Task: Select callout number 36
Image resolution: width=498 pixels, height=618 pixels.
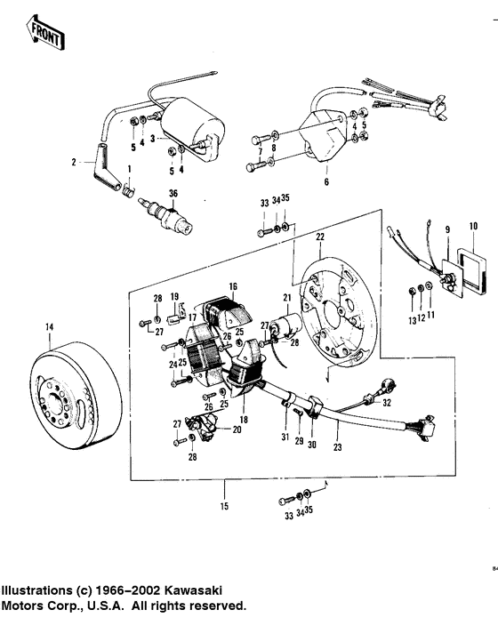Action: point(173,194)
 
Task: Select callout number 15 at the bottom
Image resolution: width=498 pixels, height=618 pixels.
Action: point(224,507)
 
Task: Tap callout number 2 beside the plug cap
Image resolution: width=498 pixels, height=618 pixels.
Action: point(75,163)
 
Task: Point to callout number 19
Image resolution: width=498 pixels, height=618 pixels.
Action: point(174,295)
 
